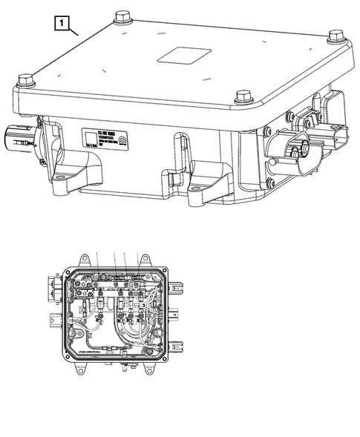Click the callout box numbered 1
coord(64,23)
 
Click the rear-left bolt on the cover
coord(120,17)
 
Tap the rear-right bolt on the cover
coord(336,37)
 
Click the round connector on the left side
coord(16,137)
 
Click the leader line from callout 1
coord(76,32)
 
